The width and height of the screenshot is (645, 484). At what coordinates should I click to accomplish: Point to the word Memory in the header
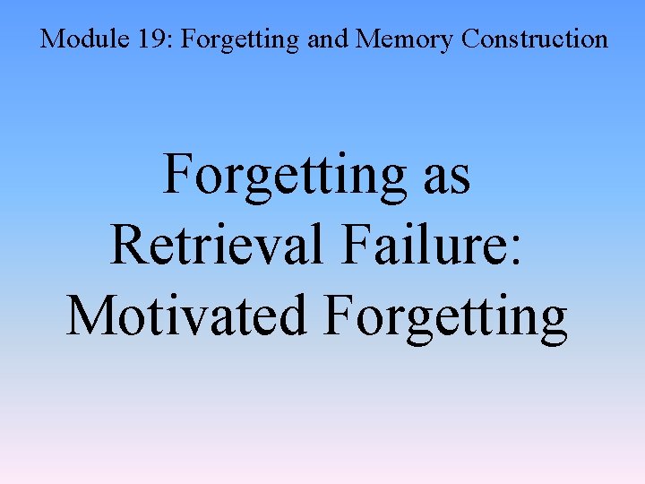[391, 40]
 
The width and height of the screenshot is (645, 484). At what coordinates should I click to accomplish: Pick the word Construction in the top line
[536, 39]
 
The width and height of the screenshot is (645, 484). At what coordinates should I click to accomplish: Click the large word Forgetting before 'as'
[284, 175]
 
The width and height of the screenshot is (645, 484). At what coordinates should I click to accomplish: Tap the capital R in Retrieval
[128, 243]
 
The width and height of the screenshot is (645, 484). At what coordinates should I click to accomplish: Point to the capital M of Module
[52, 39]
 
